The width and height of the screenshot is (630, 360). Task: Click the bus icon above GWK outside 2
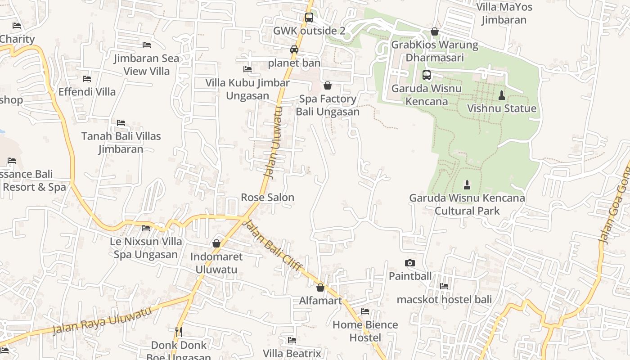(309, 18)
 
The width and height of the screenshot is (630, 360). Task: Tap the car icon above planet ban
(294, 49)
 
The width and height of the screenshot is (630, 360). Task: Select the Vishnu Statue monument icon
(502, 95)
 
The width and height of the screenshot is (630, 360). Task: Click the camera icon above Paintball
(410, 263)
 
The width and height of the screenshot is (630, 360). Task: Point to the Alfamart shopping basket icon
(320, 288)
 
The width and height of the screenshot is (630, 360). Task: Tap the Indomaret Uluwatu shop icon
(216, 243)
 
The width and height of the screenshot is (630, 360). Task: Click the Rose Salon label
(267, 198)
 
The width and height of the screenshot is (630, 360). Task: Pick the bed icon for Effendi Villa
(87, 79)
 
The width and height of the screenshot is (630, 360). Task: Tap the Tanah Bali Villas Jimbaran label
(121, 143)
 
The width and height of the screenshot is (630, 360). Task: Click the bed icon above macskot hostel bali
(444, 286)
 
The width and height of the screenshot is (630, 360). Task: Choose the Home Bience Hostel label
(365, 331)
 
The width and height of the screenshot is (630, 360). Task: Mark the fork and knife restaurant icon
(179, 332)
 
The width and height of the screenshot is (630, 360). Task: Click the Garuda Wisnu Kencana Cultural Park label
(467, 204)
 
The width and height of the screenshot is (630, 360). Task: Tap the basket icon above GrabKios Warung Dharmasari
(435, 31)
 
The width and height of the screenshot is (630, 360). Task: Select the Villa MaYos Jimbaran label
(504, 13)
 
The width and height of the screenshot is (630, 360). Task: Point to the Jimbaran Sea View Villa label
(146, 65)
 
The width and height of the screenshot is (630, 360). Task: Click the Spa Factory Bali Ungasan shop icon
(328, 85)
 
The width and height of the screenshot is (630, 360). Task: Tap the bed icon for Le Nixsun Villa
(146, 228)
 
